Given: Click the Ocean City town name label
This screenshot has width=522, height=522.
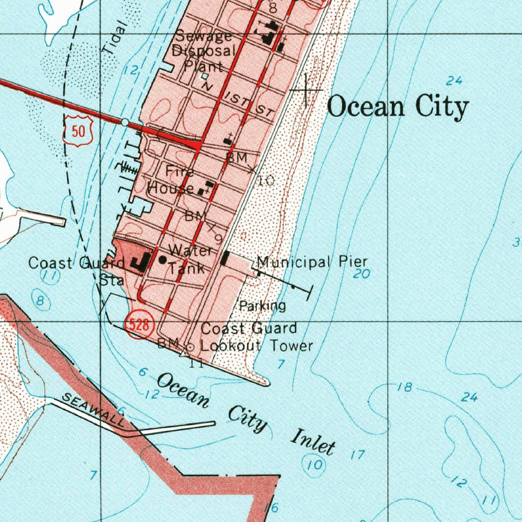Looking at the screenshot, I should pos(398,108).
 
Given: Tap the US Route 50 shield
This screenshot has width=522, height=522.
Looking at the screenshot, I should pos(79,132).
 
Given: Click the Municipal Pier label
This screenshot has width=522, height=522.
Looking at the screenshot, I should pos(311,263).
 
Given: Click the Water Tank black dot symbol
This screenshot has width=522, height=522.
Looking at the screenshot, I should pos(163,259).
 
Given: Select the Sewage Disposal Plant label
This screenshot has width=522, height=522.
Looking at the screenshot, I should pos(204,51).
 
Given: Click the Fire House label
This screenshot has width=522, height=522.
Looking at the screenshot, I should pos(171,180).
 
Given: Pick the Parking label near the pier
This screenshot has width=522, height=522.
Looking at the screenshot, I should pos(263,306).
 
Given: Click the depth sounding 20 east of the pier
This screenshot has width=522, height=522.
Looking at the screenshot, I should pos(361,274).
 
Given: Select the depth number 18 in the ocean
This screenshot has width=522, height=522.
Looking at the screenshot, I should pos(404,387).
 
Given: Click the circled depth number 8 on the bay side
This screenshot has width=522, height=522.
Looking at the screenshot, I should pos(40,301).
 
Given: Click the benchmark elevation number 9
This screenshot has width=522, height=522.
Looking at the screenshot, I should pos(218,238).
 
